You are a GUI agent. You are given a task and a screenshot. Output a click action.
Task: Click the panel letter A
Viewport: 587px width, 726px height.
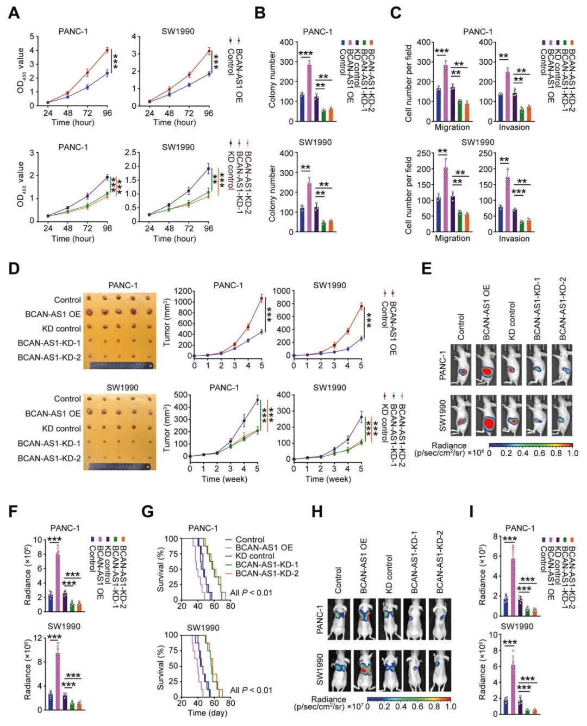[14, 13]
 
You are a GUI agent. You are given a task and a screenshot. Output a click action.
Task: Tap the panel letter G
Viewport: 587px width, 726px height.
[147, 512]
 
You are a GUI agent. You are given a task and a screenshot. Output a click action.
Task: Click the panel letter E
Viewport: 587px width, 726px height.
[427, 268]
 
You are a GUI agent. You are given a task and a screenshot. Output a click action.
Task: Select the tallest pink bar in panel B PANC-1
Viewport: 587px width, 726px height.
[309, 93]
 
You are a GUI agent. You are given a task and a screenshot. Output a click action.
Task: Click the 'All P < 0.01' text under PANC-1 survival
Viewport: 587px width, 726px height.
[251, 592]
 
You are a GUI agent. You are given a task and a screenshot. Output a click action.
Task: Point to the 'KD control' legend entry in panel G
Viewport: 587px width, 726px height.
[254, 556]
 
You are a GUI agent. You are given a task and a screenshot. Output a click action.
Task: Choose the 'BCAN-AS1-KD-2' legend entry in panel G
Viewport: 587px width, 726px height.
[266, 573]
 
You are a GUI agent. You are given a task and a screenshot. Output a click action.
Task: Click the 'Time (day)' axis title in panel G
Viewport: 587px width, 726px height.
[207, 712]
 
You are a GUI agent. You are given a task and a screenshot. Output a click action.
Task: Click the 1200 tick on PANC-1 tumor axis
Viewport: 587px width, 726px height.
[183, 291]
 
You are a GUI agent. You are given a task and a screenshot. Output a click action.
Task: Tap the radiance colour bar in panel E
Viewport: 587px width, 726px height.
[530, 444]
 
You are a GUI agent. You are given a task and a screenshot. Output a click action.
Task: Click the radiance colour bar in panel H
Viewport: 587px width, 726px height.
[409, 698]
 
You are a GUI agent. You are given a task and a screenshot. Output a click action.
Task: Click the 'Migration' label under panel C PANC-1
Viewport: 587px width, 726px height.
[452, 127]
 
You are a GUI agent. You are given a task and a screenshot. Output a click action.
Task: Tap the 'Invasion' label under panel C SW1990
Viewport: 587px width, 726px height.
[514, 238]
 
